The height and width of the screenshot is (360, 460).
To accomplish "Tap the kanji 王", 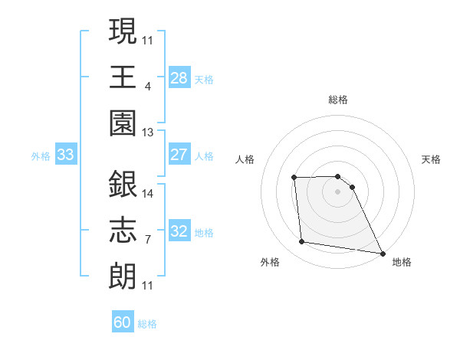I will [x=123, y=77].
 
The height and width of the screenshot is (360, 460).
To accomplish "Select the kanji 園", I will [x=123, y=124].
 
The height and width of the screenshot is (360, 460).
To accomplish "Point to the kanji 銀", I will [x=123, y=185].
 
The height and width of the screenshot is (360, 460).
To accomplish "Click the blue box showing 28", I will [x=179, y=77].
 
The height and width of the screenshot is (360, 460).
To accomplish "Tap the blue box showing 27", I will [x=179, y=155].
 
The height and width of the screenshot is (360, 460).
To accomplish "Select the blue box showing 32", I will [x=179, y=231].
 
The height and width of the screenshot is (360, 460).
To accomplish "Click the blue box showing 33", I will [x=66, y=155].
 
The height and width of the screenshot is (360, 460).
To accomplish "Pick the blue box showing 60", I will [x=123, y=322].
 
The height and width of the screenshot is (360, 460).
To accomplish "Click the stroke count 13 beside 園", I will [x=148, y=132].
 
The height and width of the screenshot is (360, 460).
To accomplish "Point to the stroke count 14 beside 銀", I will [x=148, y=193].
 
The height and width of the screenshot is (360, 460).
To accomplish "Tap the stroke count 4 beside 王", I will [x=147, y=86].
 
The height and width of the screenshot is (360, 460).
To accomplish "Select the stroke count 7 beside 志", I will [x=147, y=240].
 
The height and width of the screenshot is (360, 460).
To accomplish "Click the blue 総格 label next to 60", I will [x=147, y=324].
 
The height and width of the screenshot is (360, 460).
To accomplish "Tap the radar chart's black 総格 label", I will [x=338, y=100].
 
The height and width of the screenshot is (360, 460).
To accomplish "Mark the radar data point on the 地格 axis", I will [x=383, y=253].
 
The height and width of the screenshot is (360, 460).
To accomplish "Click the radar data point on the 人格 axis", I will [x=294, y=178].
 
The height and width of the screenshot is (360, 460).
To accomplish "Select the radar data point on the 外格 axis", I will [x=302, y=242].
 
